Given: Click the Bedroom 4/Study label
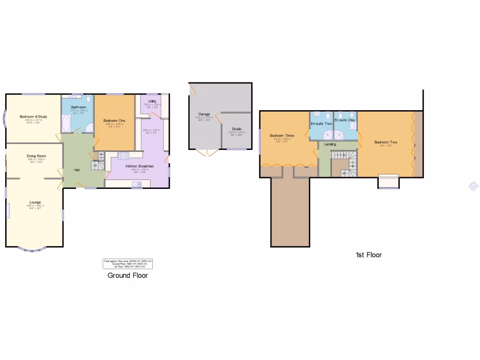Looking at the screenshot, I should pyautogui.click(x=33, y=117).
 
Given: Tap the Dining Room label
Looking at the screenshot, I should pyautogui.click(x=36, y=156).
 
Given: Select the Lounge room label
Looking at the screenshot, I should pyautogui.click(x=36, y=202).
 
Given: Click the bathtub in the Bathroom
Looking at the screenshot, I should pyautogui.click(x=66, y=123).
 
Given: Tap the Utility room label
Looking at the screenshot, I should pyautogui.click(x=152, y=101).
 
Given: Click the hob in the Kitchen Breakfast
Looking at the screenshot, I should pyautogui.click(x=123, y=155).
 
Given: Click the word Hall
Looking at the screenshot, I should pyautogui.click(x=76, y=170).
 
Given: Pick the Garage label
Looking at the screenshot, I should pyautogui.click(x=204, y=114).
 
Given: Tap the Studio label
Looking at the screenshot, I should pyautogui.click(x=236, y=128).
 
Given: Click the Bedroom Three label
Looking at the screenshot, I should pyautogui.click(x=282, y=136).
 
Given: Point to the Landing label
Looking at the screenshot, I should pyautogui.click(x=330, y=144).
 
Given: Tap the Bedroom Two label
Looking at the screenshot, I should pyautogui.click(x=386, y=142).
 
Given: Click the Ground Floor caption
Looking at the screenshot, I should pyautogui.click(x=127, y=276).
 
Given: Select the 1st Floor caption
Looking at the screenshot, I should pyautogui.click(x=368, y=255).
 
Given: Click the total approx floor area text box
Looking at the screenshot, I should pyautogui.click(x=128, y=264).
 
